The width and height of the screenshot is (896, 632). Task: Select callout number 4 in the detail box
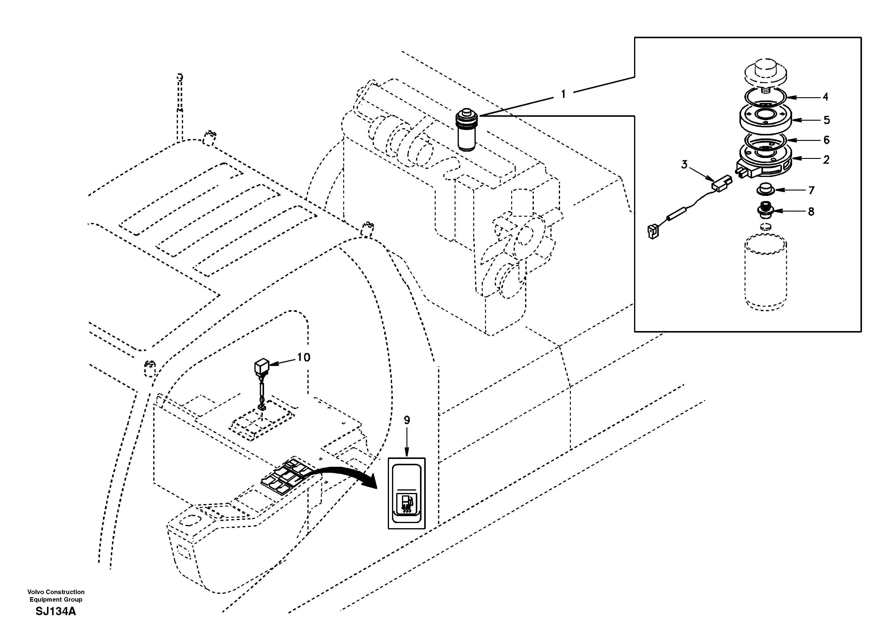point(825,97)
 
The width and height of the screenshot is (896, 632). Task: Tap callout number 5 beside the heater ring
point(826,120)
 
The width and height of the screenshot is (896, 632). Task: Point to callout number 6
point(826,140)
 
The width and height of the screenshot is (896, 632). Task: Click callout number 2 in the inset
point(826,159)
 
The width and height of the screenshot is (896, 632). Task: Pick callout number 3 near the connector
point(684,165)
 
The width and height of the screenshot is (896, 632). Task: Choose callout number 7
point(812,191)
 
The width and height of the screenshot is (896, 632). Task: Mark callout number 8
point(811,212)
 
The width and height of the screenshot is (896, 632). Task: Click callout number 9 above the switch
point(407,420)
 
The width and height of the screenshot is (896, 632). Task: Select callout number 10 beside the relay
point(303,357)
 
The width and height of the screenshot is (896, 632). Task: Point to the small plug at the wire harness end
point(652,232)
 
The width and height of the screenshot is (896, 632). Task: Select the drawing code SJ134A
point(56,611)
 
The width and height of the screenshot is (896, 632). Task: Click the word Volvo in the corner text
point(35,592)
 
